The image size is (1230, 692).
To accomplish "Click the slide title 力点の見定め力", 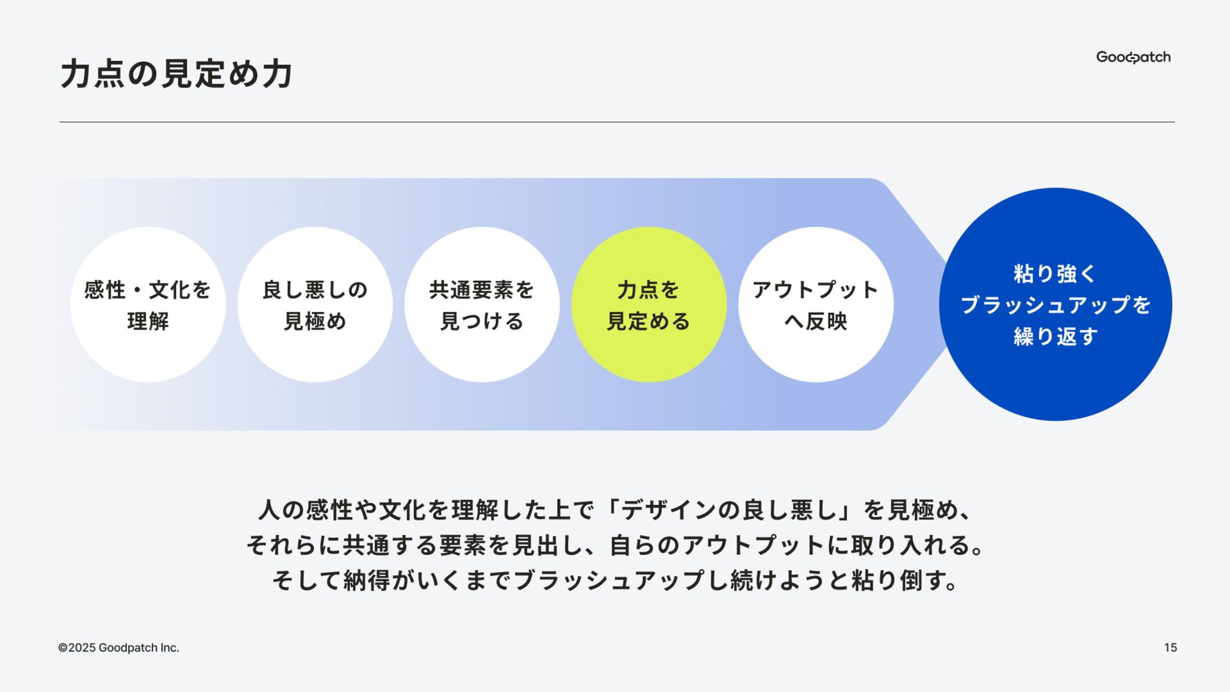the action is tap(176, 74).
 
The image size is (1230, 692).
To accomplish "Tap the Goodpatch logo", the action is tap(1133, 57).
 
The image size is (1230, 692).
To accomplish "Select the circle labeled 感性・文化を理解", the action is tap(148, 305).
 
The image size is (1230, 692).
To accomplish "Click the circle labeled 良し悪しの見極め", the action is tap(315, 305).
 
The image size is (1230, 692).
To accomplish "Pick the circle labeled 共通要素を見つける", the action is tap(482, 305).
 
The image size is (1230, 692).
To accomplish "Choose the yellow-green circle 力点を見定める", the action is tap(648, 305).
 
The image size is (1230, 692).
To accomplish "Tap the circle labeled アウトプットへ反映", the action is tap(816, 305).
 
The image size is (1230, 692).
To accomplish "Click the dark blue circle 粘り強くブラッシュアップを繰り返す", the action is tap(1055, 304).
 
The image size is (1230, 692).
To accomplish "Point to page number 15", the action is tap(1170, 648).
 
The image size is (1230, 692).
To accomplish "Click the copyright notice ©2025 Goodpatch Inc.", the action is tap(119, 648).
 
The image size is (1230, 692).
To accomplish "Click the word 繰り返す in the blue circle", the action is tap(1055, 336).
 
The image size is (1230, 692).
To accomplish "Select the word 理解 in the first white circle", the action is tap(148, 321).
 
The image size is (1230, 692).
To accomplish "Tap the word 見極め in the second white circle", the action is tap(315, 321).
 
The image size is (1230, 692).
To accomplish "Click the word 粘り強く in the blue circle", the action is tap(1055, 274).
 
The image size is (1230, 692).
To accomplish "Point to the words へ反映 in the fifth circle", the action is tap(816, 321).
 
